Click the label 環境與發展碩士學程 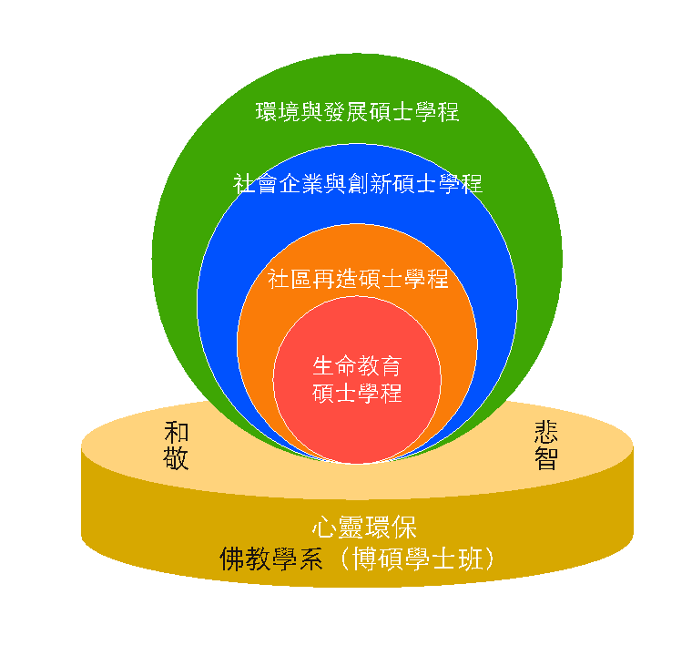[357, 112]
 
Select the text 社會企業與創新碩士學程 [357, 183]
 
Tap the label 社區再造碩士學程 [357, 278]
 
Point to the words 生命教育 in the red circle [357, 366]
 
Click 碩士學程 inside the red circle [357, 393]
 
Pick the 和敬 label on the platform [177, 445]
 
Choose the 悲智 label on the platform [546, 445]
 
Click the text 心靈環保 [364, 528]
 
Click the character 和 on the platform [177, 432]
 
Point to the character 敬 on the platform [177, 457]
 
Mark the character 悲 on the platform [546, 432]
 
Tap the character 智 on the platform [546, 457]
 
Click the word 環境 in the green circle [278, 112]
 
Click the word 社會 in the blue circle [255, 183]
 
